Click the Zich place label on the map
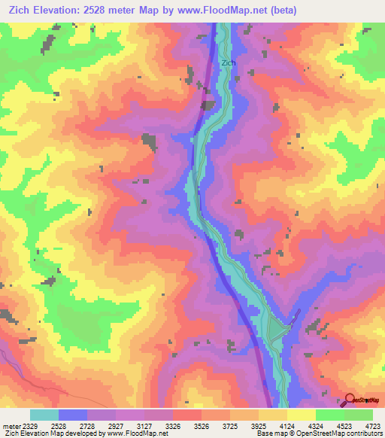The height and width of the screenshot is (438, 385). coord(228,62)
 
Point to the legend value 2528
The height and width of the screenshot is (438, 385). coord(59,426)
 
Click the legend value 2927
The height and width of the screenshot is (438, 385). coord(115,426)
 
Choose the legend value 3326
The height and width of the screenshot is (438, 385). coord(172,426)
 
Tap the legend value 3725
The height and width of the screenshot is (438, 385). coord(229,426)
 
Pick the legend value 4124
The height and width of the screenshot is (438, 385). coord(286,426)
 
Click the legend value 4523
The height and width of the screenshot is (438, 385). coord(344,426)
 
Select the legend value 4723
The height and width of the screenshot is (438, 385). coord(371,426)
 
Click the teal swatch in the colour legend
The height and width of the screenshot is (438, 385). coord(44,415)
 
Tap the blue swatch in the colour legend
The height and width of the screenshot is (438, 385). coord(73,415)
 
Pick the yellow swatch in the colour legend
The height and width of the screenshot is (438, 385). coord(302,415)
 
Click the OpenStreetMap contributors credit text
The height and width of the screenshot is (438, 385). coord(333,434)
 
